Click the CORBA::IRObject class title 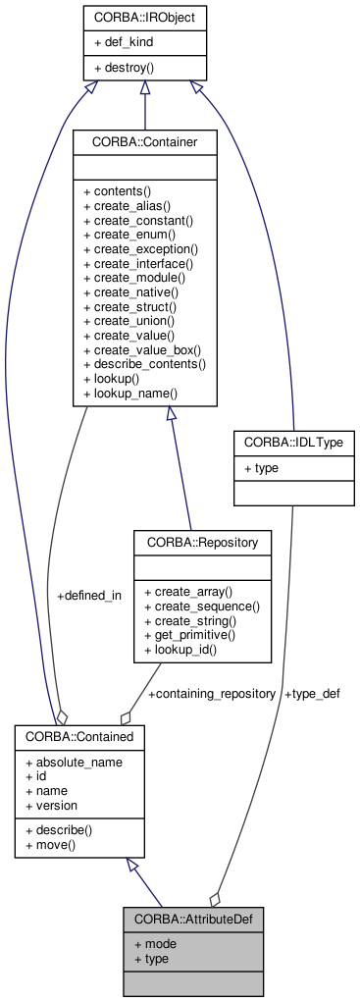point(144,17)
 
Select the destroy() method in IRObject point(125,68)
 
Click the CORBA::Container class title point(144,142)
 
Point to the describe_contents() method point(144,363)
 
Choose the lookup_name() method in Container point(129,393)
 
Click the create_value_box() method point(142,349)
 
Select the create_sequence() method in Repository point(201,606)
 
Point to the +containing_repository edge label point(211,693)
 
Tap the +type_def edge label point(312,693)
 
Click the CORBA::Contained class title point(80,735)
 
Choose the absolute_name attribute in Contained point(74,762)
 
